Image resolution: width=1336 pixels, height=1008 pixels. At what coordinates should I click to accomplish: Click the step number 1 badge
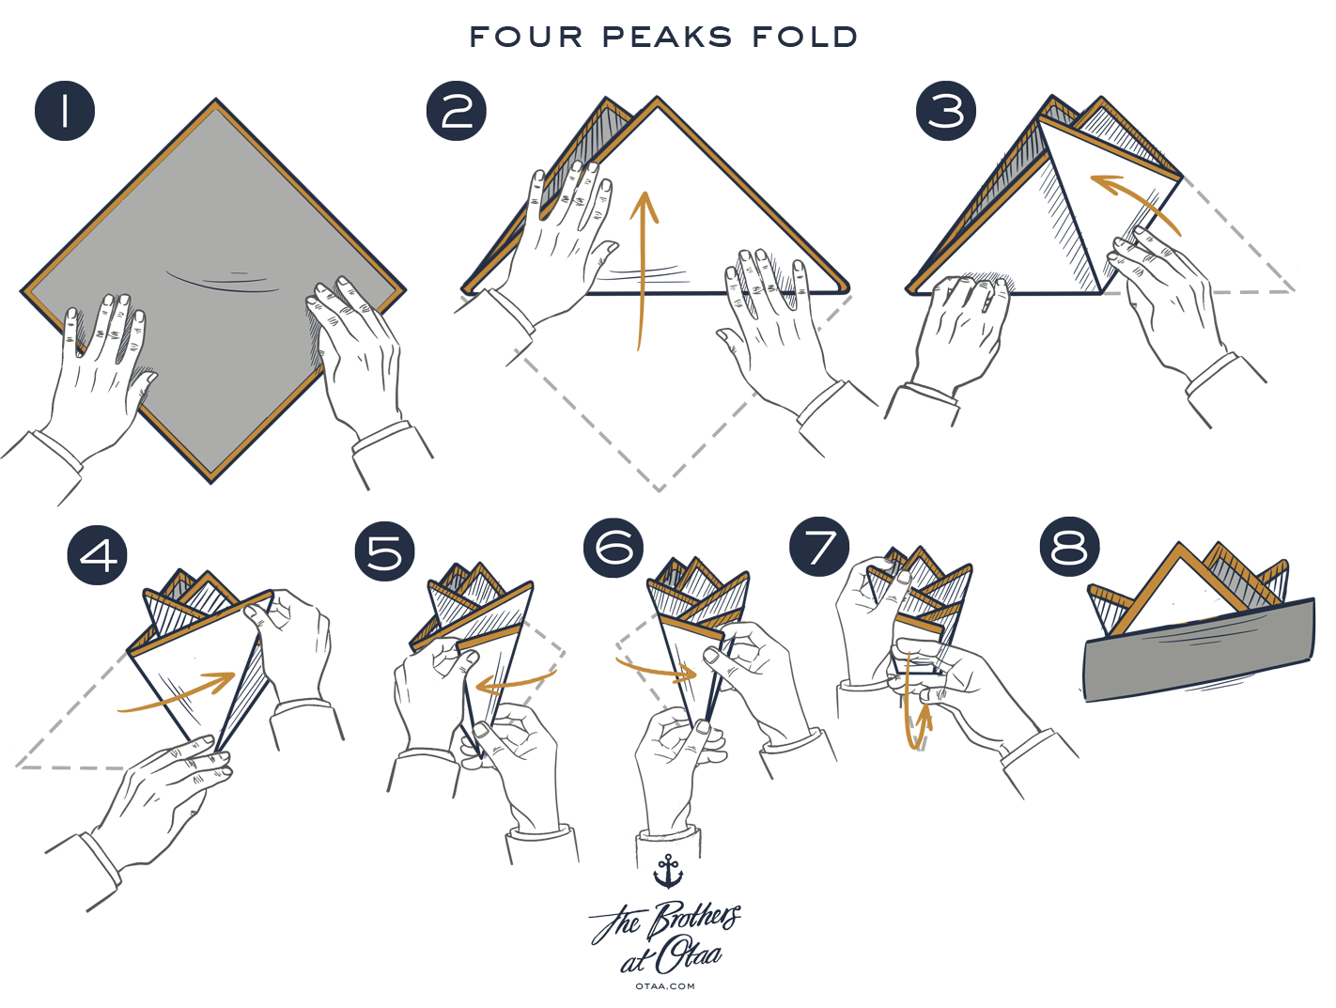[x=64, y=112]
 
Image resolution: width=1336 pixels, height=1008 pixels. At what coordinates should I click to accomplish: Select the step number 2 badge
[x=457, y=112]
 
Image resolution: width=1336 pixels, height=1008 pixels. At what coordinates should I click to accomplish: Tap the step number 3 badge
[x=945, y=111]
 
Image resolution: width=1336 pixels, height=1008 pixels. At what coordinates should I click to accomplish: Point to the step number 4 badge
[x=98, y=554]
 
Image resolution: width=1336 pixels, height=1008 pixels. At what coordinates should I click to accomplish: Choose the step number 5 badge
[x=384, y=552]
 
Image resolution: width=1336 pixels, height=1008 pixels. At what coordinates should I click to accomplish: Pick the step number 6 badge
[x=614, y=547]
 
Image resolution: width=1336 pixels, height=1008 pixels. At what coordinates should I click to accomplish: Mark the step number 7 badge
[x=819, y=547]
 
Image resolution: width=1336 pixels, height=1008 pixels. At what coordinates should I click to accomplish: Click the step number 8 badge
[x=1069, y=547]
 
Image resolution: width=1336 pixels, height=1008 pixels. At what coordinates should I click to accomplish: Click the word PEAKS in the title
[x=668, y=37]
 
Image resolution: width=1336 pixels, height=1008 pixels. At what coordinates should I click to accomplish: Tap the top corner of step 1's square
[x=215, y=105]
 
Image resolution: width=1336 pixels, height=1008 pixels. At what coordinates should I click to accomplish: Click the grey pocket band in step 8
[x=1198, y=648]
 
